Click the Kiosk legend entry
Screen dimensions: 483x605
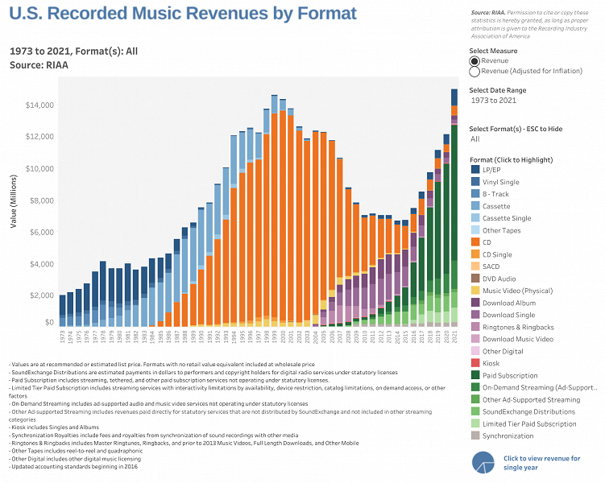click(x=492, y=363)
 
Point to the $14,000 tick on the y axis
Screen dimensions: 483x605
click(x=39, y=105)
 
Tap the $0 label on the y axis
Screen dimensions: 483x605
click(x=50, y=322)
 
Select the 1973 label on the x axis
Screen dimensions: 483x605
click(x=62, y=334)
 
